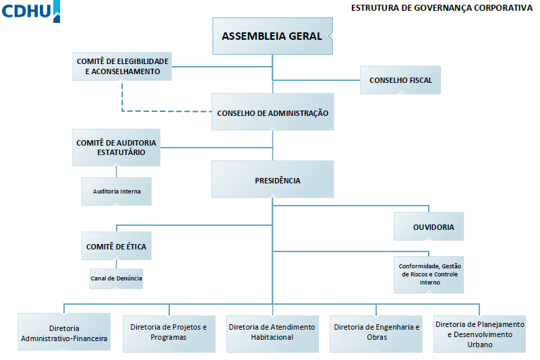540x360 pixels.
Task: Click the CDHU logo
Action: [30, 11]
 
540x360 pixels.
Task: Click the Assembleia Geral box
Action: [272, 36]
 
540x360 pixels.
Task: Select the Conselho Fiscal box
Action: [400, 80]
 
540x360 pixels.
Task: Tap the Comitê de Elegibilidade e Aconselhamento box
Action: [122, 67]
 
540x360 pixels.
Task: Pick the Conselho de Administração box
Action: [272, 112]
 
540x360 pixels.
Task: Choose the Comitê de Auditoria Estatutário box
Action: [117, 148]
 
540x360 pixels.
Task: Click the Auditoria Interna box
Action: [117, 191]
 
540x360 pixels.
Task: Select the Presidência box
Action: [272, 179]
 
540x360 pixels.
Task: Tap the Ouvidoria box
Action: [429, 227]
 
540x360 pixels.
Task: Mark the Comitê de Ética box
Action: [117, 246]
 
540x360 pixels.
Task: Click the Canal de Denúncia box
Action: [117, 278]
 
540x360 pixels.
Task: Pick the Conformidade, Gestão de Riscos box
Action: [429, 275]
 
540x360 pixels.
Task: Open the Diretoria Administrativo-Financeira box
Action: [64, 332]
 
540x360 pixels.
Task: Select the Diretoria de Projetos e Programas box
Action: [169, 334]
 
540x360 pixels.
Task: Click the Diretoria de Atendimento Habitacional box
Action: [272, 334]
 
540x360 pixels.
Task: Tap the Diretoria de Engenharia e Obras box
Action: [376, 334]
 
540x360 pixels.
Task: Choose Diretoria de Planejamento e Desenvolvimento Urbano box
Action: [480, 334]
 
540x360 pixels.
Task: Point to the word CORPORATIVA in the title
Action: [503, 7]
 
